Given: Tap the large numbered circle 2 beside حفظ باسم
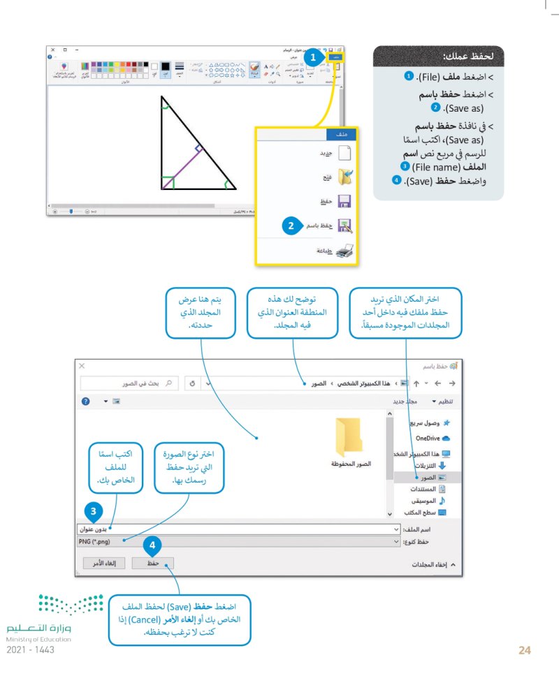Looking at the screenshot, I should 291,226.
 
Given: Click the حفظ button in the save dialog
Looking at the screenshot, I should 153,562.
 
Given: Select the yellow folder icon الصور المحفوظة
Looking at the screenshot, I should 349,436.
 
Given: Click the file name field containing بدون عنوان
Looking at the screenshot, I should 238,529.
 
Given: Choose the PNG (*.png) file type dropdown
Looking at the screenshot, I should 238,541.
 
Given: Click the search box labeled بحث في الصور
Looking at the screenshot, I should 129,383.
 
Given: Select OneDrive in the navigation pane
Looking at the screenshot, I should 431,438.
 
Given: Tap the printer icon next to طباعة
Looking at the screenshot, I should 345,251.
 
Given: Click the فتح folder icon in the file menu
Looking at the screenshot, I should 345,177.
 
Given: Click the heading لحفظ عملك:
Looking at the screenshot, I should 468,55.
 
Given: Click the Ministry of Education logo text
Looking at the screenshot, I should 39,629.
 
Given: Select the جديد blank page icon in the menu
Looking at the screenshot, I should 345,152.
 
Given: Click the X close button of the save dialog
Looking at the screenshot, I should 82,366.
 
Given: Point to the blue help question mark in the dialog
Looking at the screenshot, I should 86,402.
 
